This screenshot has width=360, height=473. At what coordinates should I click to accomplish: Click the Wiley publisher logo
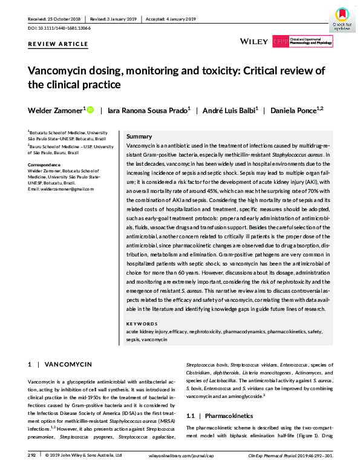point(254,41)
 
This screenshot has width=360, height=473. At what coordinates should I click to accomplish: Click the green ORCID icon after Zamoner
point(91,110)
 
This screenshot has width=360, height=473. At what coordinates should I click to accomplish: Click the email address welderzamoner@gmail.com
point(61,189)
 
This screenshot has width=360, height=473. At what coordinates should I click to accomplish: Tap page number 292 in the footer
point(32,454)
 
